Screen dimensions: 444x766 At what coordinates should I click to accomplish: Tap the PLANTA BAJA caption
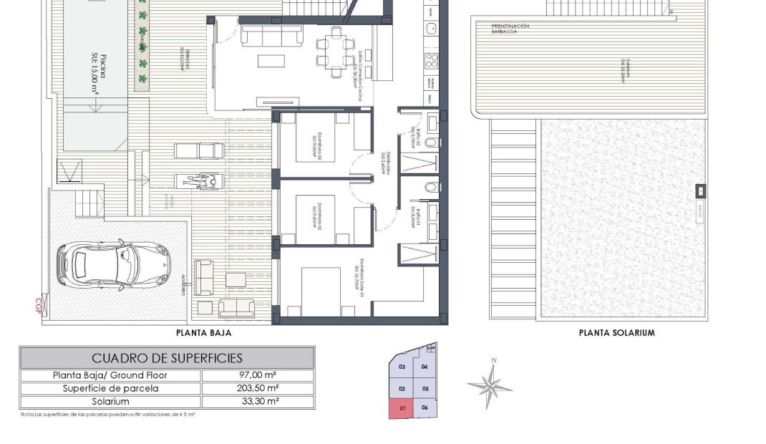tap(204, 333)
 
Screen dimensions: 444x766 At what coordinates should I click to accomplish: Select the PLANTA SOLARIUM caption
tap(616, 333)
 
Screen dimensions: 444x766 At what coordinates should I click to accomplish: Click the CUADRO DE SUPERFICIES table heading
tap(167, 358)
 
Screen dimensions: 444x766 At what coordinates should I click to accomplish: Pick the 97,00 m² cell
tap(257, 375)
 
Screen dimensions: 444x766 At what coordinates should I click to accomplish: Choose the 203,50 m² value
tap(257, 389)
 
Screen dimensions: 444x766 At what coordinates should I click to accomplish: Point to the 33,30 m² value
tap(257, 402)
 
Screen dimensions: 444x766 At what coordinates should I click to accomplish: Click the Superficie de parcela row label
tap(111, 389)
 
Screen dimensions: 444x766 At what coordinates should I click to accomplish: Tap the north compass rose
tap(490, 384)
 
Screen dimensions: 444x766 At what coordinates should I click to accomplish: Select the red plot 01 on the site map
tap(402, 409)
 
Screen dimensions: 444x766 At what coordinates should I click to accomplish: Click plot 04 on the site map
tap(425, 367)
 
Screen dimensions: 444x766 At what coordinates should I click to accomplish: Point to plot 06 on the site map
tap(425, 408)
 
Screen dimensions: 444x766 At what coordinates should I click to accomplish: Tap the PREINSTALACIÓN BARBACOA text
tap(510, 29)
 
